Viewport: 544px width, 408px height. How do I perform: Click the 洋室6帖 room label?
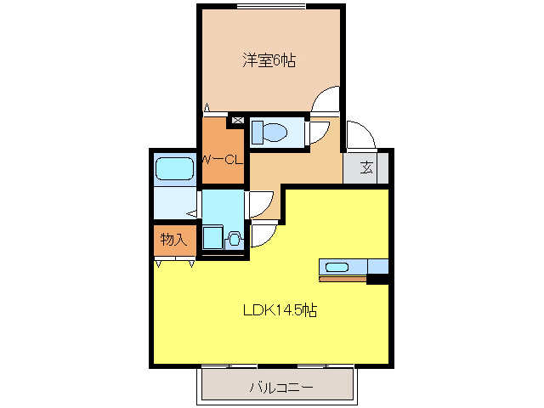269,61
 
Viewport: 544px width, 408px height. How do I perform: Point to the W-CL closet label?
223,159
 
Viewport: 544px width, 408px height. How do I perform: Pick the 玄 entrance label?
365,167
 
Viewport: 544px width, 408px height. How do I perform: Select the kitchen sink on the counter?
337,268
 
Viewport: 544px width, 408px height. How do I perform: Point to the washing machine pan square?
212,237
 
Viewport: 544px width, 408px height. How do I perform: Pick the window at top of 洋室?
271,7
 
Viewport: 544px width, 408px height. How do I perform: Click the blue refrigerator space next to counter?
377,267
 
